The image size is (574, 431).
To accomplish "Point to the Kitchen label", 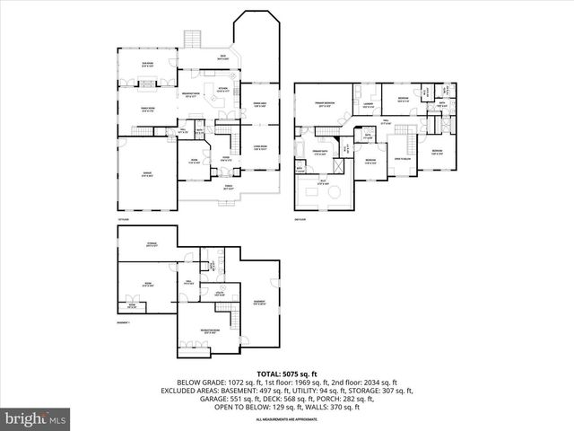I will click(222, 89).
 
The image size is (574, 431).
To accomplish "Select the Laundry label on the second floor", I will click(368, 104).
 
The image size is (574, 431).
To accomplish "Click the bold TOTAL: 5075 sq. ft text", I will click(287, 373).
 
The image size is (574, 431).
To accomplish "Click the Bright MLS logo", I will click(36, 418).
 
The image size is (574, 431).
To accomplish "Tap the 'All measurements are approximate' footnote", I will click(287, 419).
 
